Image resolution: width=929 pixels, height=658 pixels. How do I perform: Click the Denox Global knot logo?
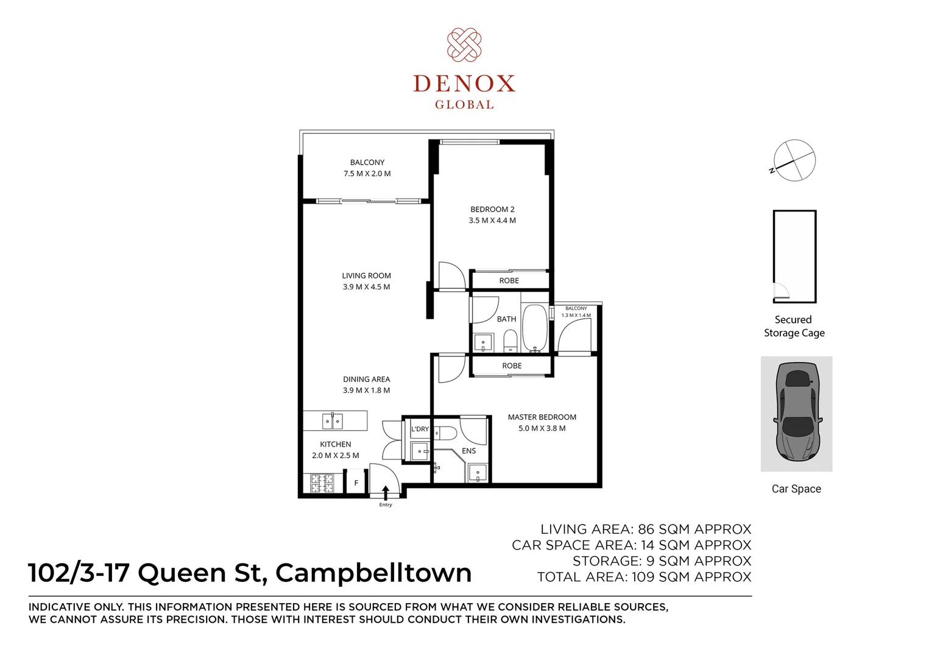tap(464, 45)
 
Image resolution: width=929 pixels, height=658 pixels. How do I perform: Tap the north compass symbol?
tap(794, 160)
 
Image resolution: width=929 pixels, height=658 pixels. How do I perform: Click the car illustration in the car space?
tap(796, 414)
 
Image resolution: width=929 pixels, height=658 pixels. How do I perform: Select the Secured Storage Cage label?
tap(794, 326)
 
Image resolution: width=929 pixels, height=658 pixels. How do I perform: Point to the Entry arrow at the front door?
tap(385, 492)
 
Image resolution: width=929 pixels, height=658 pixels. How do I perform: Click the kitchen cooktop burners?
tap(322, 483)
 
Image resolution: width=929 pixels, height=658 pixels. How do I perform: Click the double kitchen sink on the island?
tap(332, 421)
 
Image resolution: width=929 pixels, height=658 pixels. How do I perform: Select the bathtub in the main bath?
tap(535, 328)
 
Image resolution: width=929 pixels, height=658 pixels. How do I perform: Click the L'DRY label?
tap(420, 429)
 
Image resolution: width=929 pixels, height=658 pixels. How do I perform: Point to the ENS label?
tap(468, 451)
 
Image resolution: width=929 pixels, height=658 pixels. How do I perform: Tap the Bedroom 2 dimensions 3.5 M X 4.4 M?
tap(492, 221)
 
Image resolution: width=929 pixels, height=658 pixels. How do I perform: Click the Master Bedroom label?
tap(542, 417)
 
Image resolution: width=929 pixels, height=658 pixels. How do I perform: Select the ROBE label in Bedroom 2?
tap(509, 281)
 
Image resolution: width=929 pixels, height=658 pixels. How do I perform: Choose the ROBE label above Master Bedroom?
tap(512, 366)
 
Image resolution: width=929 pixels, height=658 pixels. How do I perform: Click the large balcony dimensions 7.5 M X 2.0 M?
tap(367, 174)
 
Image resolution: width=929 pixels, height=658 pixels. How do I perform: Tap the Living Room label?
tap(366, 276)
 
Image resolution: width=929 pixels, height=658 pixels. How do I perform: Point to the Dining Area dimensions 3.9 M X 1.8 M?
tap(366, 391)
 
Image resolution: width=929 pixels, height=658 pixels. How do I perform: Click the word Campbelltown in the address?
tap(373, 573)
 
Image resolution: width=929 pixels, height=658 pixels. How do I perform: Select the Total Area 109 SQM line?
tap(644, 577)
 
